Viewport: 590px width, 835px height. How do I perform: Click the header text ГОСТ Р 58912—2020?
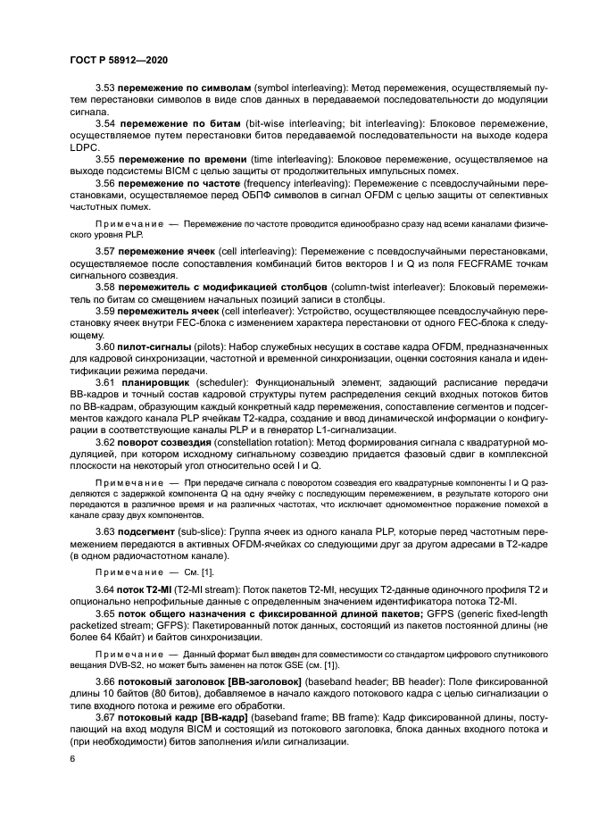118,59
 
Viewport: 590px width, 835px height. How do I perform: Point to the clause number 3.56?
105,183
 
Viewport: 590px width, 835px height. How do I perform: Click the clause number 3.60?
105,346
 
